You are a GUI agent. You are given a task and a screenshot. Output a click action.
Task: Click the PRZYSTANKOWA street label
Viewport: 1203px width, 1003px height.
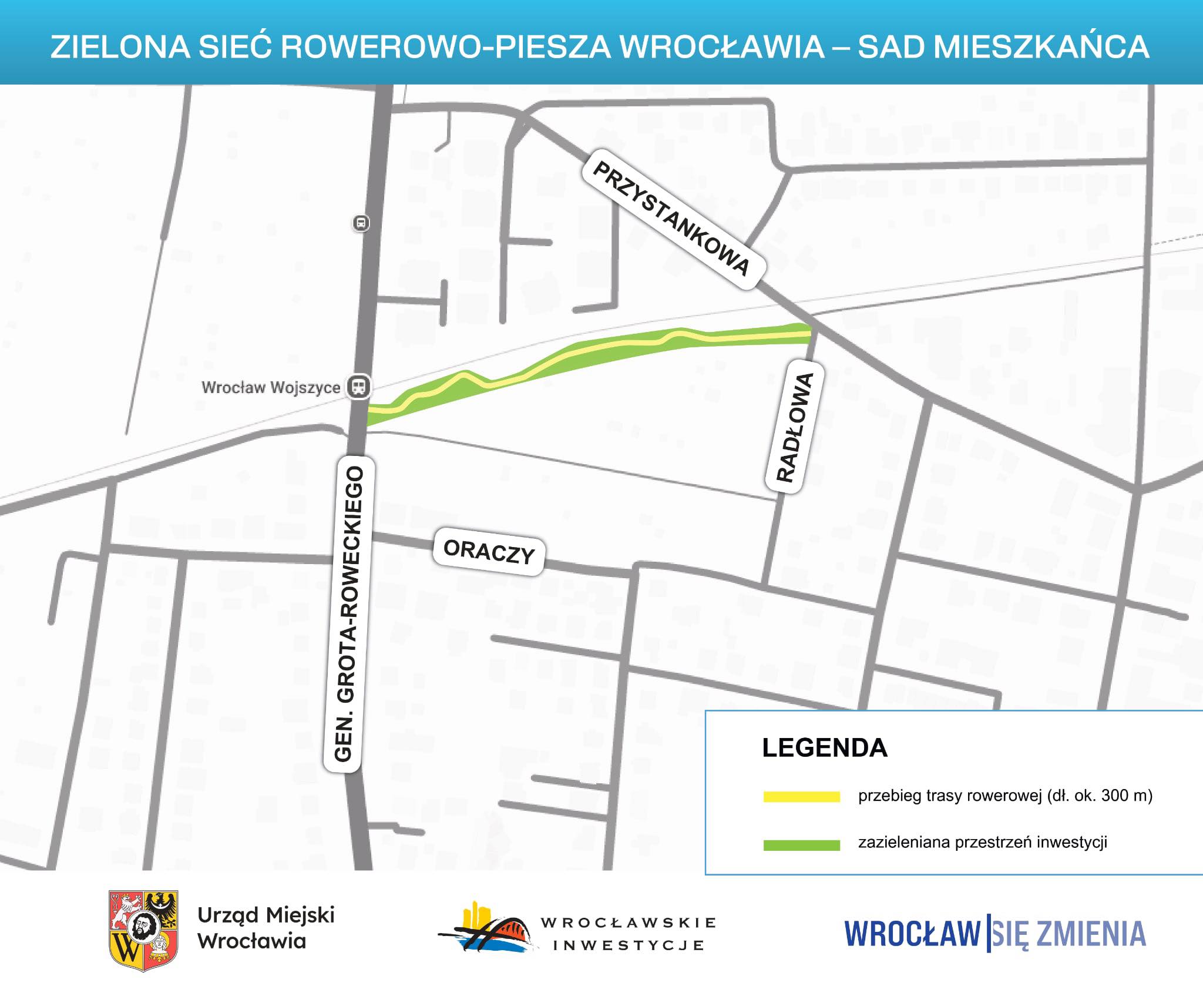pyautogui.click(x=673, y=219)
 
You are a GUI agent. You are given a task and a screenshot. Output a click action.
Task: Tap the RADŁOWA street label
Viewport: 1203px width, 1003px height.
pyautogui.click(x=795, y=427)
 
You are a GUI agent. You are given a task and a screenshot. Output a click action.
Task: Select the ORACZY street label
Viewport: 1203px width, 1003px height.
pyautogui.click(x=489, y=551)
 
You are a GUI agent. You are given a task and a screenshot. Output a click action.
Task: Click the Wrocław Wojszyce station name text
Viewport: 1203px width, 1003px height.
pyautogui.click(x=271, y=388)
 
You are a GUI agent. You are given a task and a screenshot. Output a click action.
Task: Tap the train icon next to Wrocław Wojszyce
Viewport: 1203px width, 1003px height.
pyautogui.click(x=358, y=387)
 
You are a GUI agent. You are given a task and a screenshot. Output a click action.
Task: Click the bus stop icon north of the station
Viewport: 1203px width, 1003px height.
pyautogui.click(x=361, y=223)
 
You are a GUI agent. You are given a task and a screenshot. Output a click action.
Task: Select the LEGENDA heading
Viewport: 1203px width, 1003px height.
pyautogui.click(x=824, y=748)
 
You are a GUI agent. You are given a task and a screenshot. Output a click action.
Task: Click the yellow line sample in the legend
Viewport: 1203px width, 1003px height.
pyautogui.click(x=801, y=797)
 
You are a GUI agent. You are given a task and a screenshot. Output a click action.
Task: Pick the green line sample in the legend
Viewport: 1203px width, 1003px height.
pyautogui.click(x=801, y=845)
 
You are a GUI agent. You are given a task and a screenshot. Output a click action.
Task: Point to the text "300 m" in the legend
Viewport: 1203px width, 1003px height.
pyautogui.click(x=1126, y=796)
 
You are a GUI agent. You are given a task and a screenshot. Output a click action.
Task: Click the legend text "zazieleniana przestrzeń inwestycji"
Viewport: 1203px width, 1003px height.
pyautogui.click(x=982, y=843)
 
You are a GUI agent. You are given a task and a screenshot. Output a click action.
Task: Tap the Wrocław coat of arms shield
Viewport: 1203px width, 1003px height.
pyautogui.click(x=143, y=930)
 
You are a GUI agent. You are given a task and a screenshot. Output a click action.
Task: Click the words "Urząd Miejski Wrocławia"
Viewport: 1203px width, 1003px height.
pyautogui.click(x=266, y=928)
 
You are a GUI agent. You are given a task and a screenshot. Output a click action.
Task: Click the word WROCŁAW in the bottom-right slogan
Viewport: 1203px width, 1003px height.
pyautogui.click(x=912, y=934)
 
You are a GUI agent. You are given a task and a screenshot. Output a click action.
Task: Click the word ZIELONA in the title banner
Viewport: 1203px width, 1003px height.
pyautogui.click(x=120, y=47)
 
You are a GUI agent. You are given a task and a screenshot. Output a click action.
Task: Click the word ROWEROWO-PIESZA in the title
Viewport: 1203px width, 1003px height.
pyautogui.click(x=446, y=47)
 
